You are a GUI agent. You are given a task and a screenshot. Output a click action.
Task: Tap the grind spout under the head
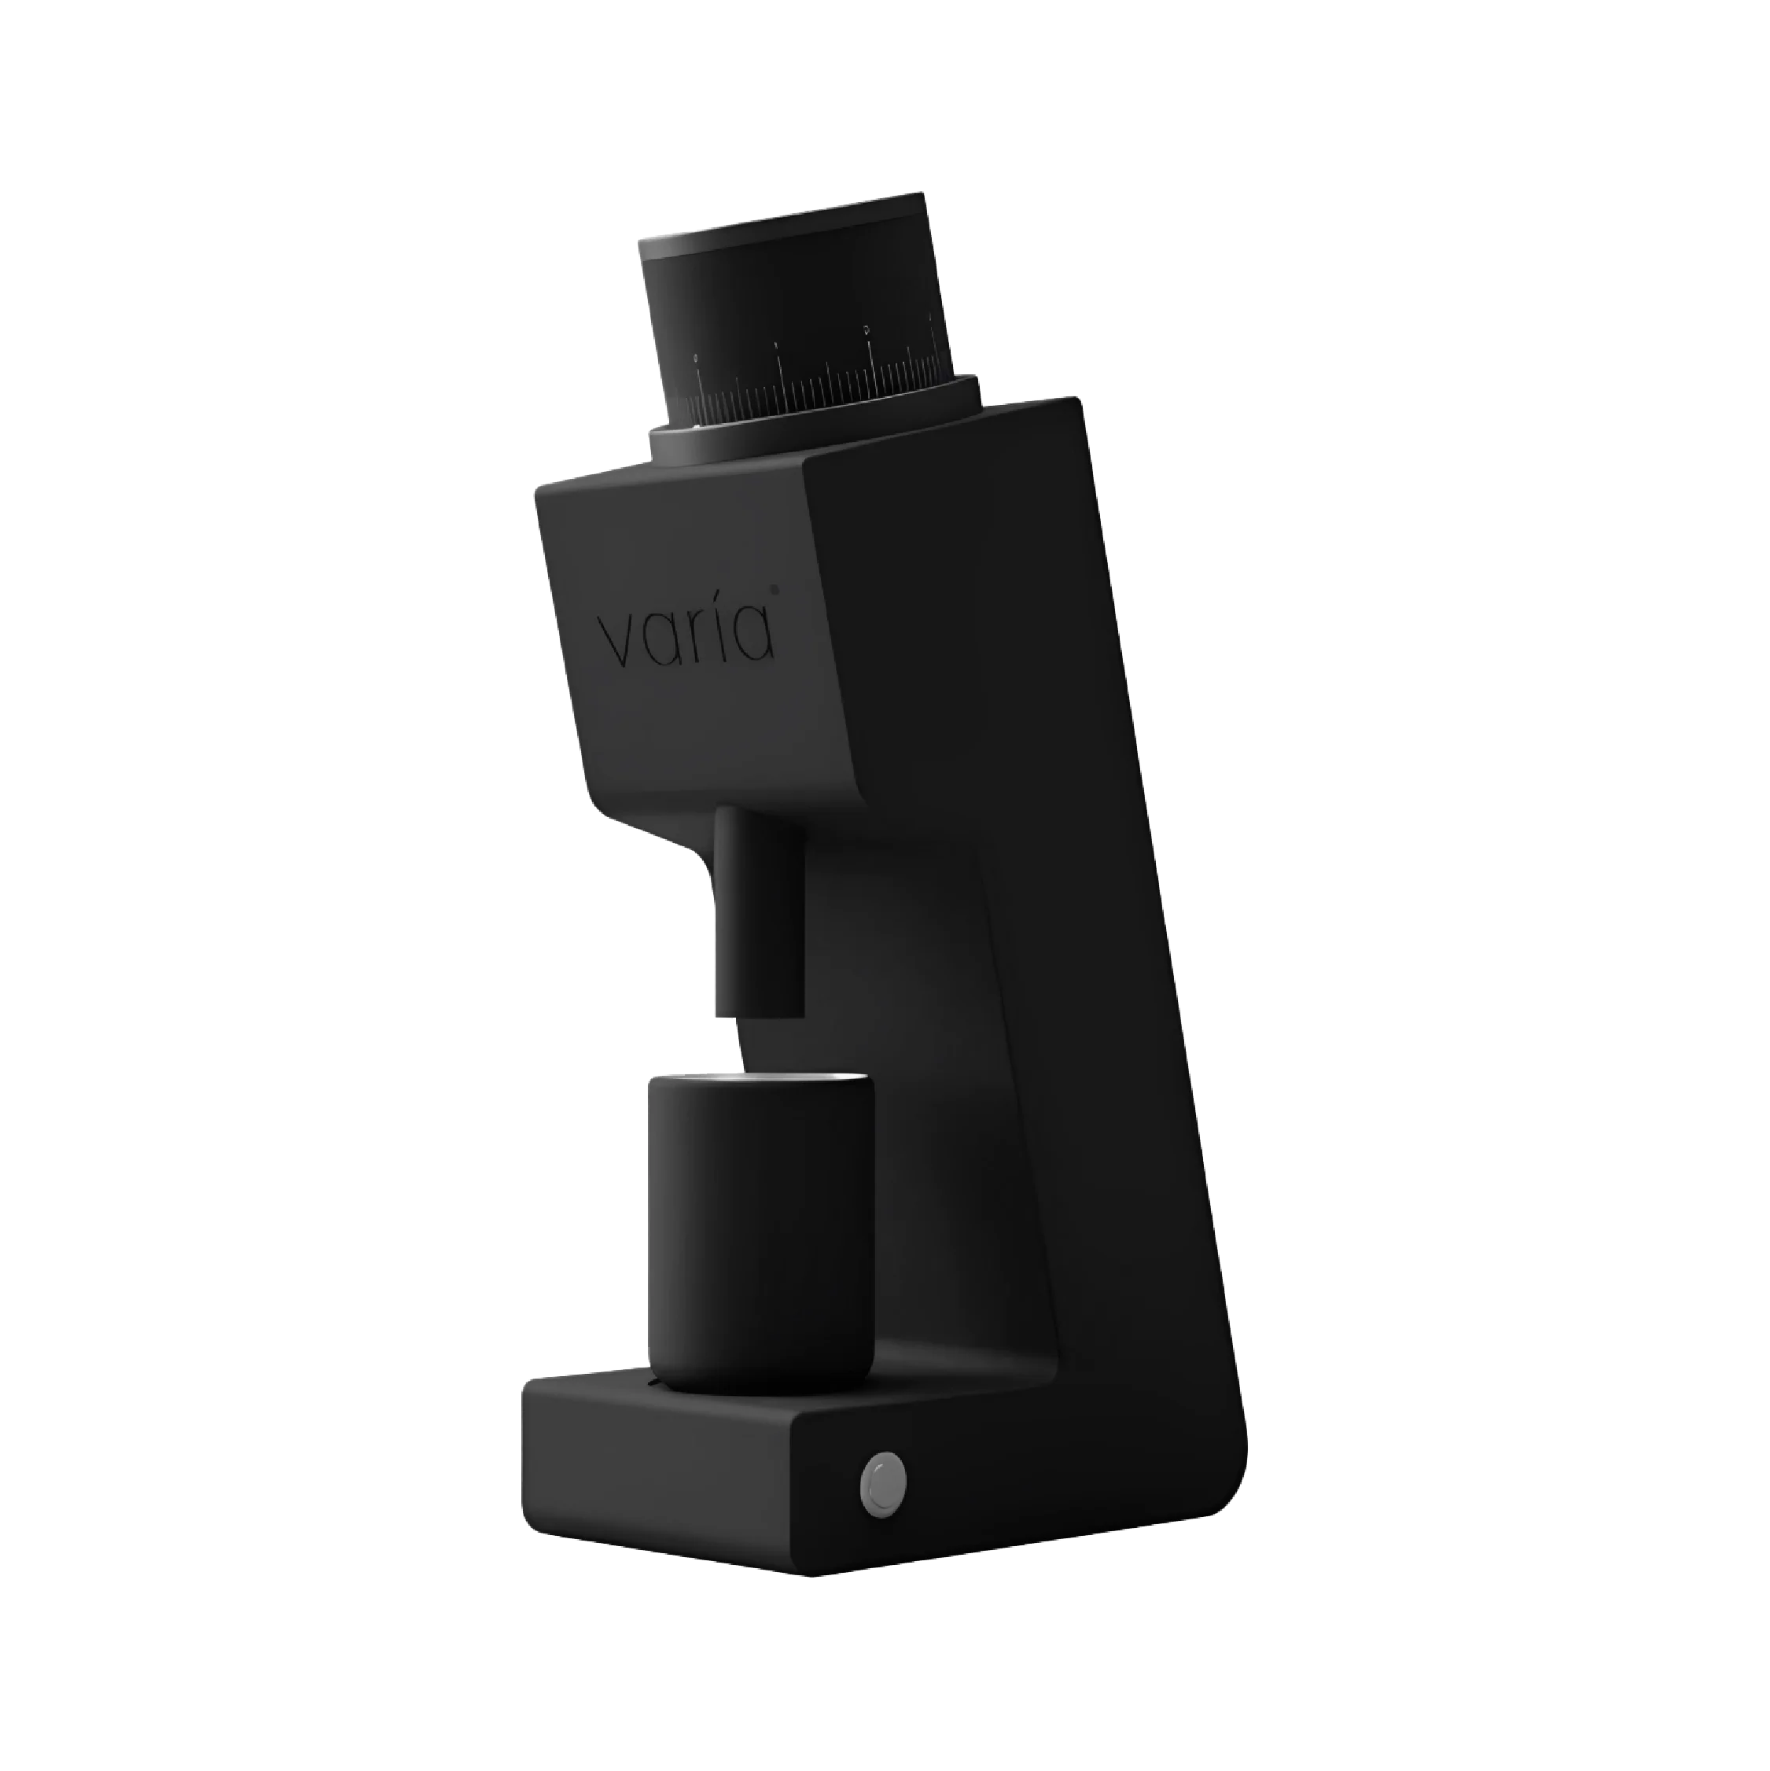(x=759, y=908)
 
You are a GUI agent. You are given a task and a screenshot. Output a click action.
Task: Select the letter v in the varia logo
(x=614, y=642)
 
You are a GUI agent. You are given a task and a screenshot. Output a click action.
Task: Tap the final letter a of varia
(x=754, y=635)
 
